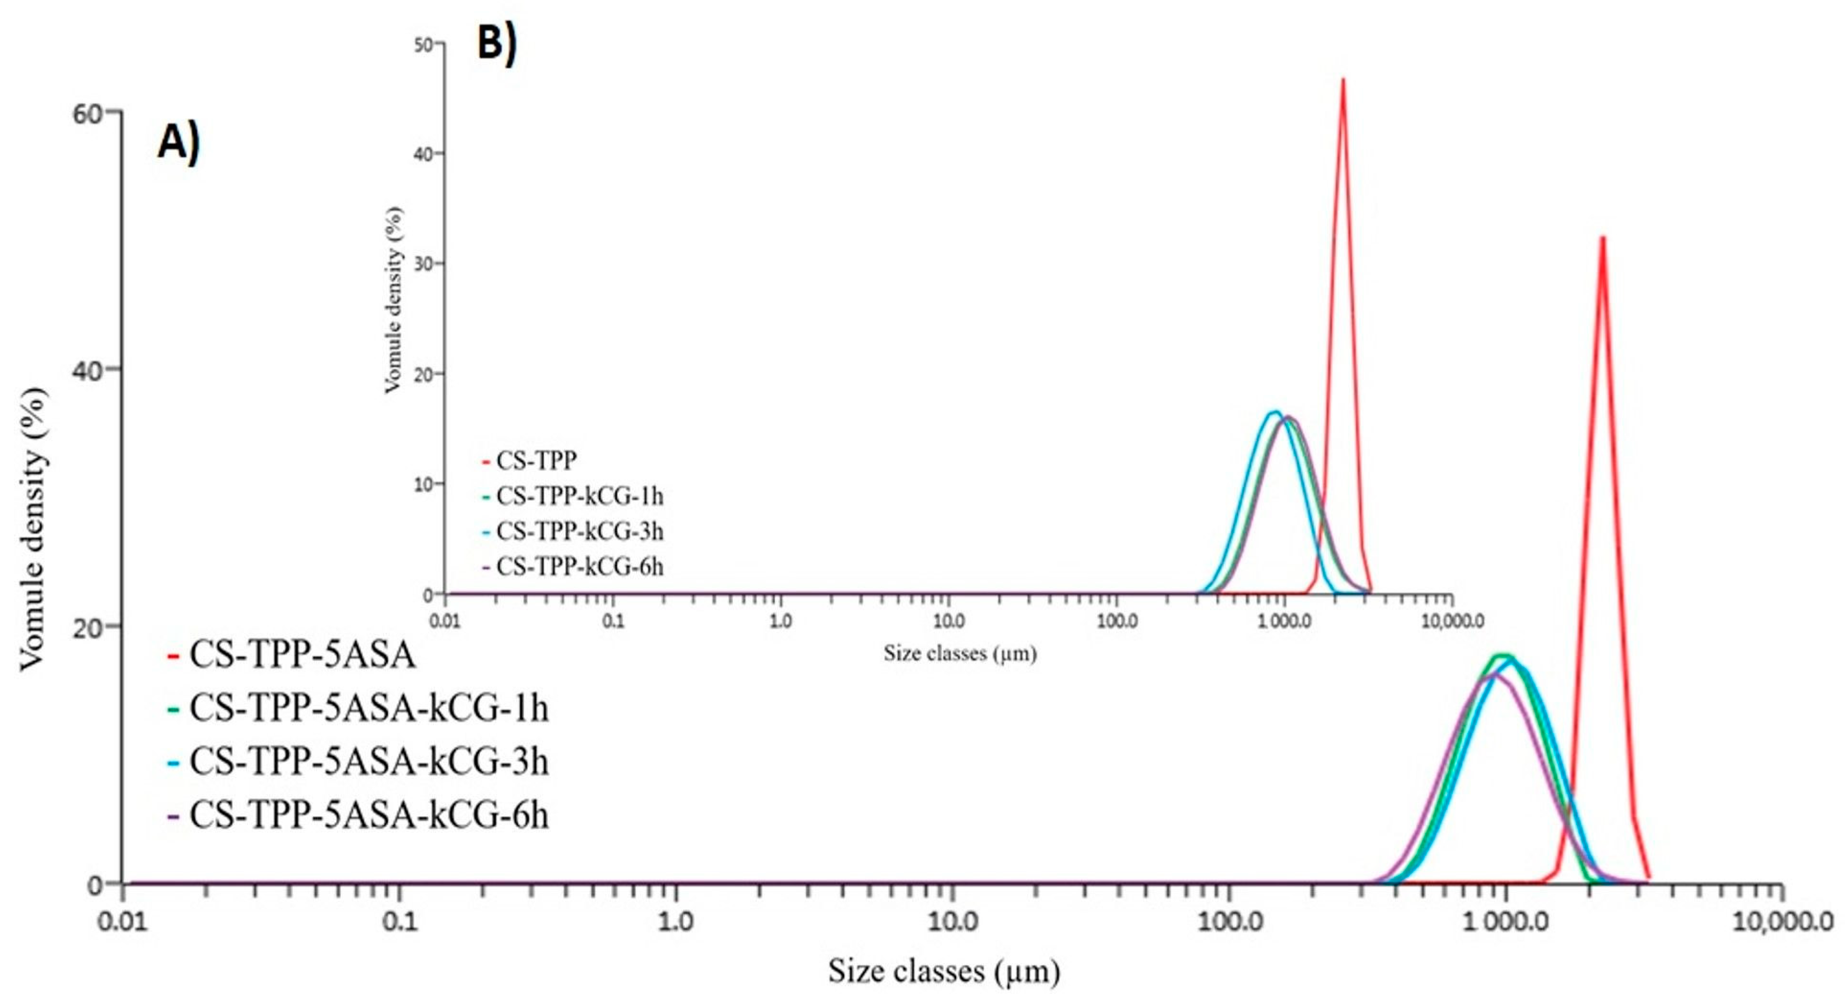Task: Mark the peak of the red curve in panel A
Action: (x=1603, y=238)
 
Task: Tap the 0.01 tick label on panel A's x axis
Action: (x=123, y=922)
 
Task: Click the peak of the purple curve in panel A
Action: (x=1497, y=674)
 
